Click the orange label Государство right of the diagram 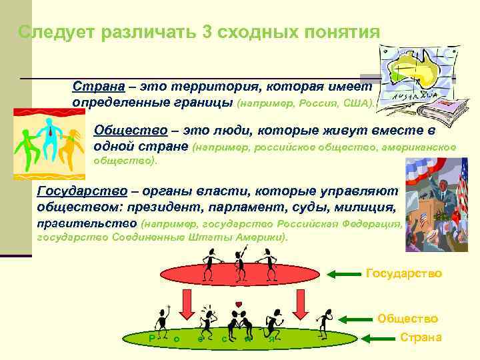(404, 273)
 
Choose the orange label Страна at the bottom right (421, 337)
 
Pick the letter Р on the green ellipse (152, 338)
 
